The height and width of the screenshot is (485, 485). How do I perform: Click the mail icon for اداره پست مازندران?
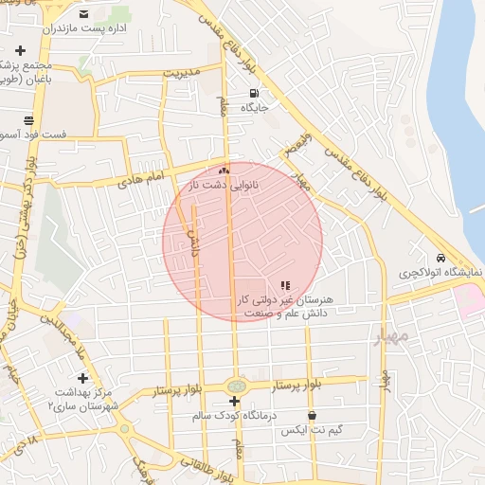pos(84,14)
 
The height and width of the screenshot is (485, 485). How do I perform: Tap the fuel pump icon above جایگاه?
pos(254,93)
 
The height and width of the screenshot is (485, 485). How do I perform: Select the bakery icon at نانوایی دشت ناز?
pos(225,171)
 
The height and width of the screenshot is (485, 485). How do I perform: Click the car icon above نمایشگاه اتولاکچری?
pos(440,258)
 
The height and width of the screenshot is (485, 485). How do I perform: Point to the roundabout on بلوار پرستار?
pos(235,386)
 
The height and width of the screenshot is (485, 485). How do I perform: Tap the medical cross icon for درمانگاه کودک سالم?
pos(234,402)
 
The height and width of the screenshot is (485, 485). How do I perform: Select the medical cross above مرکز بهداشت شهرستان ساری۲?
pos(82,378)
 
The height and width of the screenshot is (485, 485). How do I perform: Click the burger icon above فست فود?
pos(28,120)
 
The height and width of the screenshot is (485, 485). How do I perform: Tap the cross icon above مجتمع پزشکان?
pos(20,49)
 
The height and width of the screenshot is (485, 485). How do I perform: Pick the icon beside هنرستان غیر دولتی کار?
pos(285,285)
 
